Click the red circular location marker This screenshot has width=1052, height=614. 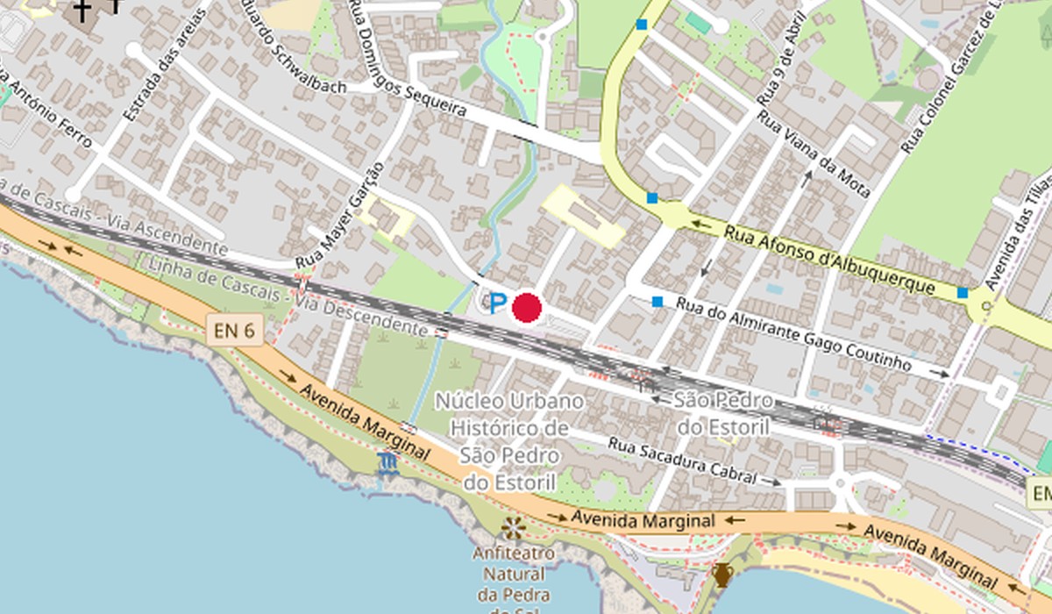(526, 308)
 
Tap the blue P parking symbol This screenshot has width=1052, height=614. (497, 304)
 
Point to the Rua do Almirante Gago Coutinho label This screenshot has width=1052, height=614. (793, 333)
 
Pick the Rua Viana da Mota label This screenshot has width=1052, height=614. (814, 153)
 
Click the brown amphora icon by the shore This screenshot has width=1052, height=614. (721, 575)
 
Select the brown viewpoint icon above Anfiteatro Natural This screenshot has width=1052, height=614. (513, 527)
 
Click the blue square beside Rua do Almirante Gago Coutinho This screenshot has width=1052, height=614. (657, 302)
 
